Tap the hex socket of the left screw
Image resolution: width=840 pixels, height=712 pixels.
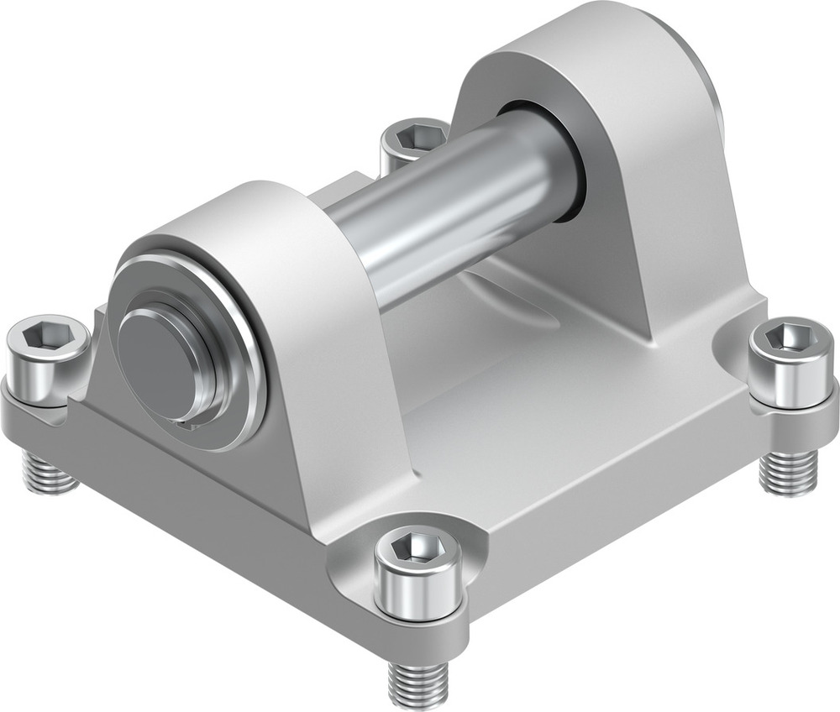(x=46, y=338)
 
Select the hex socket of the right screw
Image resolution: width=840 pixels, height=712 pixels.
(x=791, y=338)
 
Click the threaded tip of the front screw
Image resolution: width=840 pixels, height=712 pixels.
(x=417, y=684)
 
